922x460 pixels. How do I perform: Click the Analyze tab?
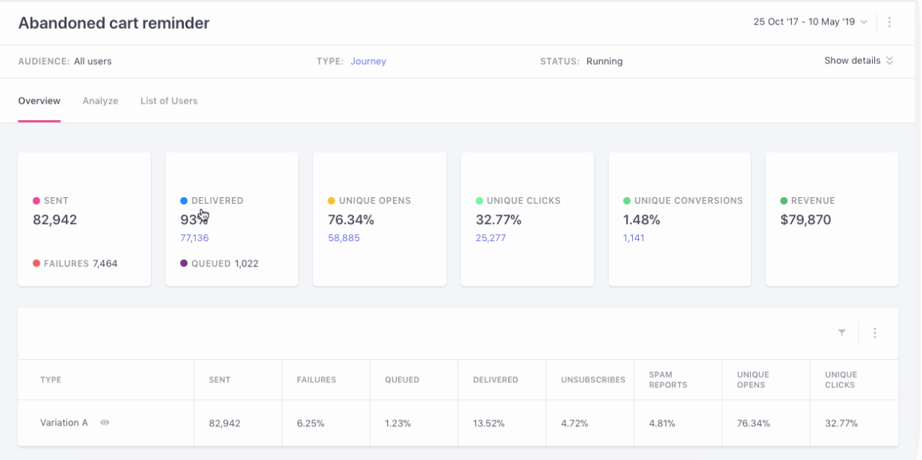tap(100, 101)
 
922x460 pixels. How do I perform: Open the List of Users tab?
tap(169, 101)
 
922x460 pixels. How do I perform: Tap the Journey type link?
tap(368, 61)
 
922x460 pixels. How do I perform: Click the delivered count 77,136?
tap(194, 238)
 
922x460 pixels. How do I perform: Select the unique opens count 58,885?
tap(344, 238)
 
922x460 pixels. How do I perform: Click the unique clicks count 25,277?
tap(491, 238)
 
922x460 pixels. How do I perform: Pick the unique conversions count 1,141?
tap(634, 238)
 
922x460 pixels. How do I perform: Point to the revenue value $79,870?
tap(805, 220)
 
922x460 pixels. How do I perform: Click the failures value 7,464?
tap(105, 264)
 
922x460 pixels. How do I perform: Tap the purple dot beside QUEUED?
tap(184, 264)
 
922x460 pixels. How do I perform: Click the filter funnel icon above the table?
tap(842, 333)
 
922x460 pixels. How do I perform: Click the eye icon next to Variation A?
tap(105, 423)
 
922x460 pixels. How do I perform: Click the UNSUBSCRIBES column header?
tap(593, 379)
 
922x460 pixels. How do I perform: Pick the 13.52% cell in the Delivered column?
tap(489, 423)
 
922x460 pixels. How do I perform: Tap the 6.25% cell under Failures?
tap(311, 423)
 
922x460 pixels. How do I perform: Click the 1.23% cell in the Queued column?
tap(398, 423)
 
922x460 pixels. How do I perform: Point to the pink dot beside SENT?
tap(37, 201)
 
